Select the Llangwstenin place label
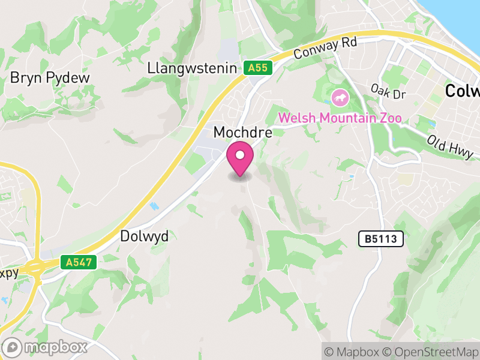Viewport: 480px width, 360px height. [192, 68]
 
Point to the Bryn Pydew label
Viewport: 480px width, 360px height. [50, 78]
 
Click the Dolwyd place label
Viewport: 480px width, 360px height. [145, 236]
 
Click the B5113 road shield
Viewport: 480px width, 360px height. [381, 239]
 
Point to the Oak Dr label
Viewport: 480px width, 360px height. [389, 92]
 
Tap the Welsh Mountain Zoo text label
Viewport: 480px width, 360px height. [340, 117]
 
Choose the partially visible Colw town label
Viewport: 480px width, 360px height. [463, 91]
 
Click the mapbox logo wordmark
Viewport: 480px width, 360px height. [46, 347]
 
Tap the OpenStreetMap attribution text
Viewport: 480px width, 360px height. [432, 352]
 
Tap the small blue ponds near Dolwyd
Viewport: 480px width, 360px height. [154, 206]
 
